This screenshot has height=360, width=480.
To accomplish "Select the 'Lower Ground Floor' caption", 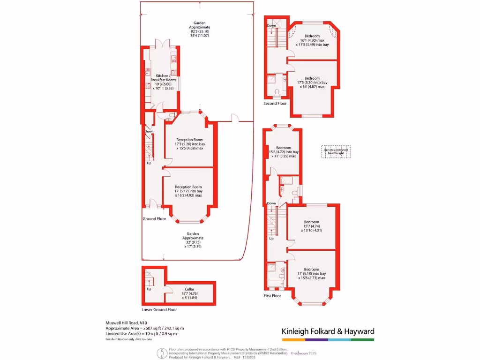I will [159, 309].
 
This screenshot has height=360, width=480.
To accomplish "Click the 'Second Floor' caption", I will [275, 103].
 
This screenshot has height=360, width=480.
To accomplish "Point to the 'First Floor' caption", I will [272, 296].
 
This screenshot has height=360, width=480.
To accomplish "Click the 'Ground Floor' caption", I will [154, 219].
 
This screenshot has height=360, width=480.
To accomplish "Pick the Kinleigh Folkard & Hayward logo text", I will [328, 331].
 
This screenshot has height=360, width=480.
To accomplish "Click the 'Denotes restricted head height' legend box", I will [336, 151].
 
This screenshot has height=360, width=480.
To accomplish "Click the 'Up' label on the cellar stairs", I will [149, 289].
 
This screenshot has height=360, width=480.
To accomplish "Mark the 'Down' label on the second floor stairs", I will [271, 26].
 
